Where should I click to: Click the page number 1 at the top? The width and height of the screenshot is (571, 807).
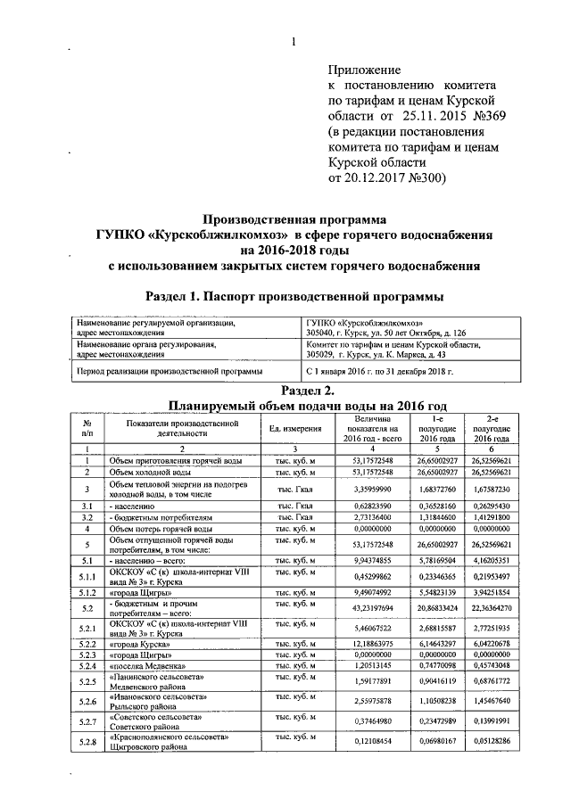tap(292, 41)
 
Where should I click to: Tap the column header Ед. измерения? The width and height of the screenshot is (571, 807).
tap(295, 429)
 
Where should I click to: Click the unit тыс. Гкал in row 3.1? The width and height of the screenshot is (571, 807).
tap(295, 505)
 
